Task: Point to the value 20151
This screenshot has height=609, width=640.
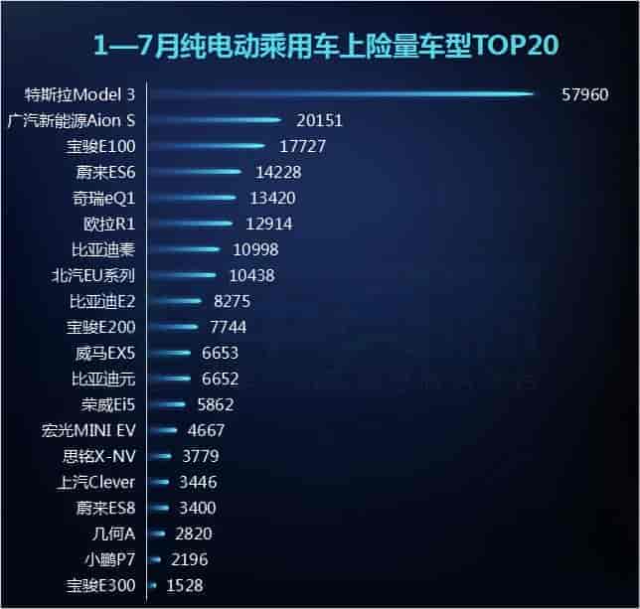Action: (x=319, y=121)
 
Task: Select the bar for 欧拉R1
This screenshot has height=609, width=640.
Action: (x=191, y=224)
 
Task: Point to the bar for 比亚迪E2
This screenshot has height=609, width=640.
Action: (x=175, y=301)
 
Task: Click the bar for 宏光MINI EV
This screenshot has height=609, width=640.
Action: (x=163, y=430)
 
